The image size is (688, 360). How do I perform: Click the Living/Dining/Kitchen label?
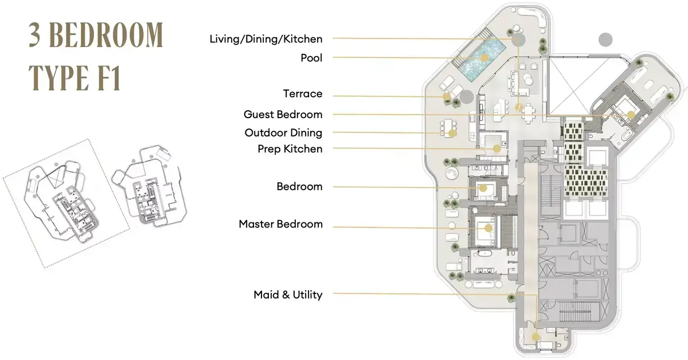(x=266, y=39)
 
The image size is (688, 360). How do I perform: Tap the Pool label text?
(x=311, y=58)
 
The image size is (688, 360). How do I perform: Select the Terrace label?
(x=303, y=93)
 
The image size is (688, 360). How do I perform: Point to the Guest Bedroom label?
(x=283, y=114)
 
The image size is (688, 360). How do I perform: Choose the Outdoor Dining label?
(x=283, y=132)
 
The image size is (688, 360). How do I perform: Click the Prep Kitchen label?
(x=290, y=149)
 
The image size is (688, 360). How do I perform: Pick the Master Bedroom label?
(x=281, y=224)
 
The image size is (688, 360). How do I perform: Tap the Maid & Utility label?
(x=288, y=295)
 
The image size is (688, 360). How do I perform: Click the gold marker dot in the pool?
(x=484, y=58)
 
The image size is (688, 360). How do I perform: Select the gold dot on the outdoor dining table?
(x=452, y=134)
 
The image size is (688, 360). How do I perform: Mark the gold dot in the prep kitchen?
(x=497, y=148)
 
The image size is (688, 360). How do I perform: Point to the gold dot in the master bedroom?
(x=488, y=228)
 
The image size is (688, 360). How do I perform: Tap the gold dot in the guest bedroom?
(x=631, y=115)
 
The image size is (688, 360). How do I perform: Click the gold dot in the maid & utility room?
(x=535, y=336)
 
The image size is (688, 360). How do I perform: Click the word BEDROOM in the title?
(x=106, y=36)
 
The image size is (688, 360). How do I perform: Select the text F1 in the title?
(x=110, y=78)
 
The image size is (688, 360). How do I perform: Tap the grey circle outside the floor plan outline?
(x=605, y=40)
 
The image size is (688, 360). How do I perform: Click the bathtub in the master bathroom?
(x=485, y=254)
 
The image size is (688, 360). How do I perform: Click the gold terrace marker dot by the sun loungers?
(x=447, y=96)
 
